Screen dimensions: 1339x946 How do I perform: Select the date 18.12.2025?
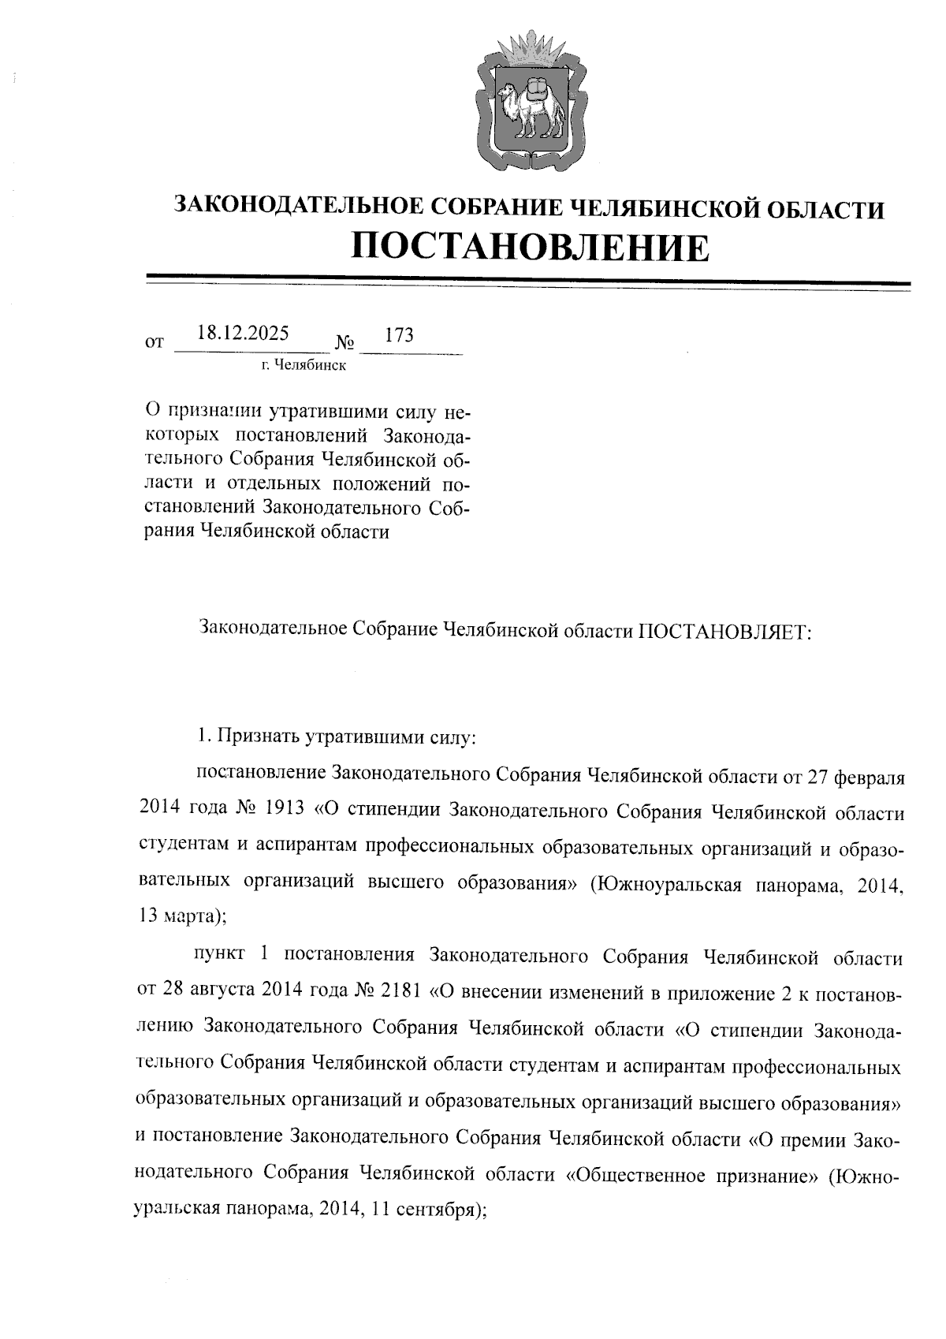243,333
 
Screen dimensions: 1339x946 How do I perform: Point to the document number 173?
399,334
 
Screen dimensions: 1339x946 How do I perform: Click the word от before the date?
155,343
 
